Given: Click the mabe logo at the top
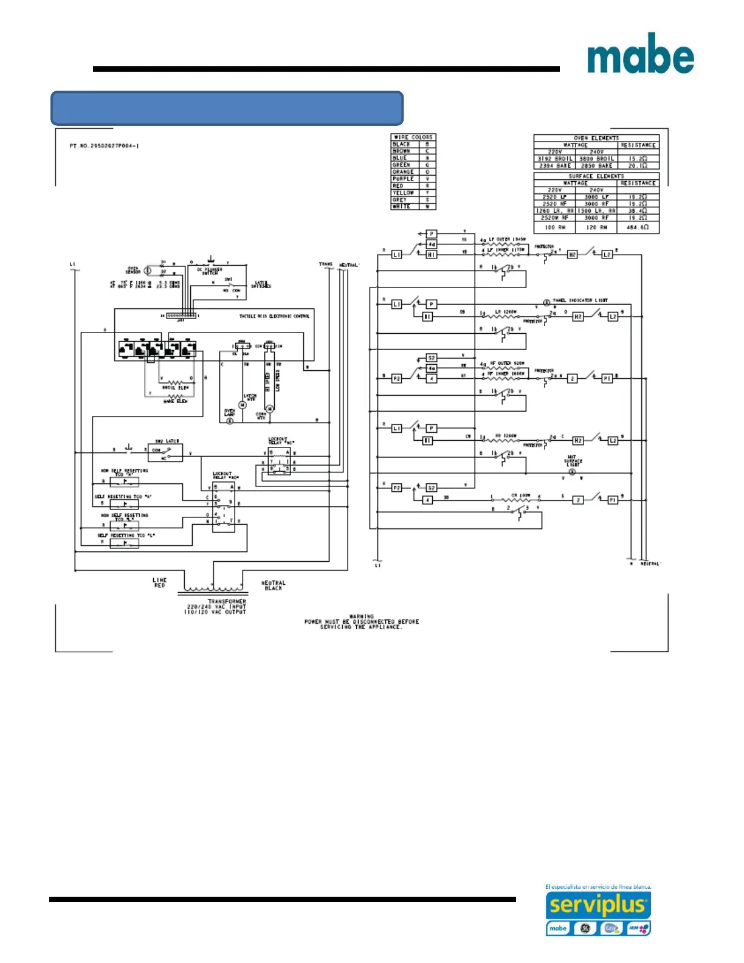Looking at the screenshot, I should [640, 53].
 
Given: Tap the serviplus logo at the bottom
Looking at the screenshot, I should [598, 905].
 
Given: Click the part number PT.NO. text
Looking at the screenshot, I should [104, 146].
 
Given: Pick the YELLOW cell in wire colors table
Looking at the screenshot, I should [403, 193].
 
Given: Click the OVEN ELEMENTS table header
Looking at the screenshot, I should [596, 138].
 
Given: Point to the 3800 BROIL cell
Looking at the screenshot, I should [596, 159].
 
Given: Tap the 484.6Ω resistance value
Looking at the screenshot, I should [638, 227].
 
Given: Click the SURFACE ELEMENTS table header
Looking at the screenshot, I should [596, 176].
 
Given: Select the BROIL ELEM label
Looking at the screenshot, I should [176, 387].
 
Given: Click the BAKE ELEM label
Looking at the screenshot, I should [176, 401].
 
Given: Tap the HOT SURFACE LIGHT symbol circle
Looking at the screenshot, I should [572, 472].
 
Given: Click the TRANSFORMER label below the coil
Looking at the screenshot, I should [227, 601].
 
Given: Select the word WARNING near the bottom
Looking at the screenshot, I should [362, 616].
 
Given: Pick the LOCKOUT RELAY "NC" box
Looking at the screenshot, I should [279, 461].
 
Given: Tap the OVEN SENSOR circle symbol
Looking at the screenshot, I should [148, 271].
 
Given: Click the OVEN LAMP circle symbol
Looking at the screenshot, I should [230, 421].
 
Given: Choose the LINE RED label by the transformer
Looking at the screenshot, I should [159, 582].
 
